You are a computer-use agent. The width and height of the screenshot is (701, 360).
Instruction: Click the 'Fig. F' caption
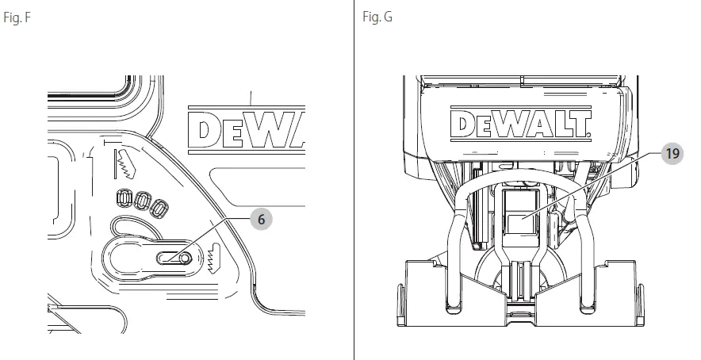[17, 15]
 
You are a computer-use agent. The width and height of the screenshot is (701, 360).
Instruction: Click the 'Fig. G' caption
[377, 15]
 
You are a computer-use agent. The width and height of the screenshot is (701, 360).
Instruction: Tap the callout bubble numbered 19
[672, 153]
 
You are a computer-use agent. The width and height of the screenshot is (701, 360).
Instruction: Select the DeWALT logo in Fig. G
[519, 124]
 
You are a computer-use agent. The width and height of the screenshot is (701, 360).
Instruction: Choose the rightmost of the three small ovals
[159, 208]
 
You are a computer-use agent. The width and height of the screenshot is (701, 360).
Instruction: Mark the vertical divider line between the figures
[354, 182]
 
